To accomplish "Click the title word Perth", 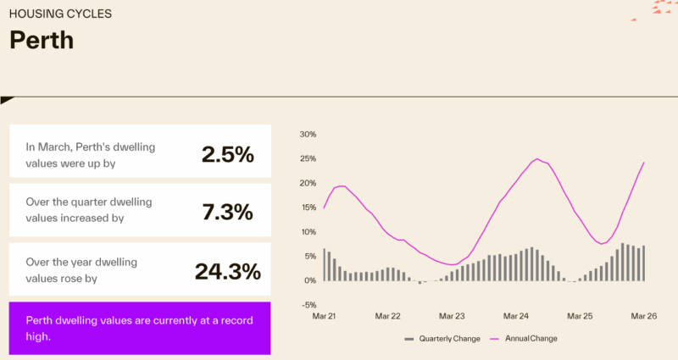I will pyautogui.click(x=42, y=40).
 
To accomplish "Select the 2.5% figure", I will pyautogui.click(x=227, y=154).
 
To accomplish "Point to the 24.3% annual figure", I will pyautogui.click(x=227, y=271).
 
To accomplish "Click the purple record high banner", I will pyautogui.click(x=140, y=329).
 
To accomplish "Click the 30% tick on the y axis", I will pyautogui.click(x=308, y=134).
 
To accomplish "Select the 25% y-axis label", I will pyautogui.click(x=308, y=158).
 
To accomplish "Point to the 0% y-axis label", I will pyautogui.click(x=310, y=280).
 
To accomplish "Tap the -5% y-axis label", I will pyautogui.click(x=308, y=305).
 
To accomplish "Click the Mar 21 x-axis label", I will pyautogui.click(x=325, y=316).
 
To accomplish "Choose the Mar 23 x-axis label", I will pyautogui.click(x=453, y=316).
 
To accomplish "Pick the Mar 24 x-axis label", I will pyautogui.click(x=516, y=316).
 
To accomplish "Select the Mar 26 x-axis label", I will pyautogui.click(x=644, y=316).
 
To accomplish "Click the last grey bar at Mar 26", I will pyautogui.click(x=644, y=263).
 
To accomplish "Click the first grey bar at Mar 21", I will pyautogui.click(x=325, y=265).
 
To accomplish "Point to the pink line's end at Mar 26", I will pyautogui.click(x=644, y=163).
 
